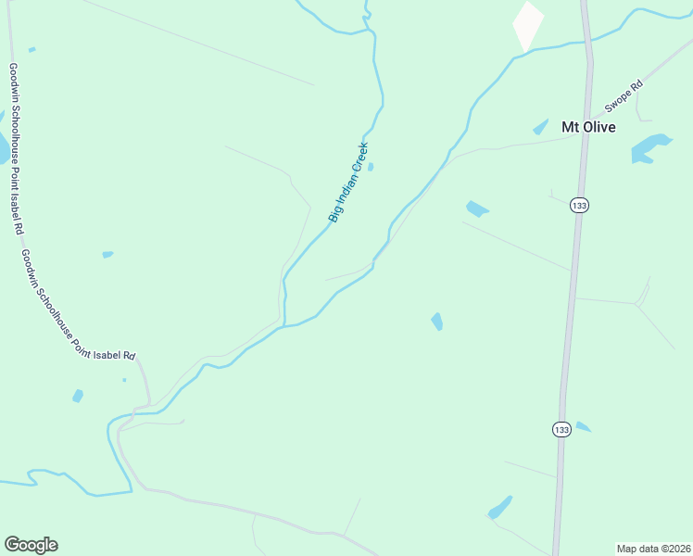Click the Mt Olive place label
click(x=588, y=127)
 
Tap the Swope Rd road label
click(x=624, y=95)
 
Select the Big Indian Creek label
click(x=348, y=182)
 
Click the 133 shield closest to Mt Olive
click(x=580, y=206)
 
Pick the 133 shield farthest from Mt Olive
click(x=561, y=428)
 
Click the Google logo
click(x=31, y=545)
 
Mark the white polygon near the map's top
click(x=528, y=25)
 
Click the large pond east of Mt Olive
click(x=650, y=147)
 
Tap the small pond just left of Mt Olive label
click(x=541, y=128)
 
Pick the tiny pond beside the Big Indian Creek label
click(x=371, y=167)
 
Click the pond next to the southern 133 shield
click(x=583, y=427)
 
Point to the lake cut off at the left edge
click(x=3, y=144)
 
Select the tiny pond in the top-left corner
click(x=32, y=49)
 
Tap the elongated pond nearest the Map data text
click(x=500, y=508)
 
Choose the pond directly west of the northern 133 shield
click(x=477, y=208)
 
